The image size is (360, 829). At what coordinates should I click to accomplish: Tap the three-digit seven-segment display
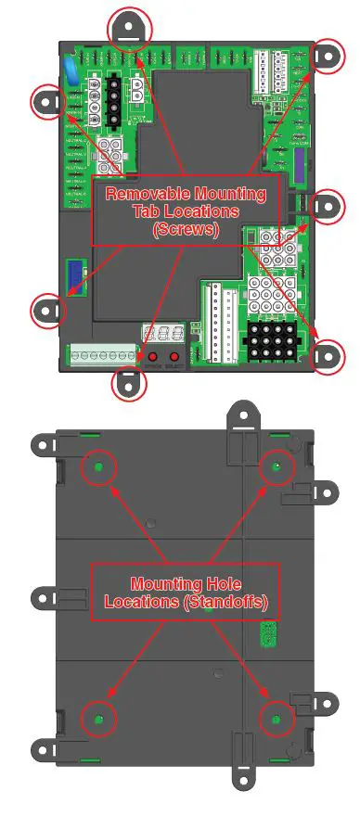coord(155,335)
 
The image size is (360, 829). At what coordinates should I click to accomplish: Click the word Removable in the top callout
coord(152,195)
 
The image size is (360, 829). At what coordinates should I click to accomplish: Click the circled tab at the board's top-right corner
coord(325,57)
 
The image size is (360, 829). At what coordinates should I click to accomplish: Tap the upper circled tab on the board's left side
coord(48,101)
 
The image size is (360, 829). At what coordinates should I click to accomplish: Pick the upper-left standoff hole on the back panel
coord(96,468)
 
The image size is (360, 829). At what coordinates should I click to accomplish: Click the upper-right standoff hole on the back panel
coord(275,468)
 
